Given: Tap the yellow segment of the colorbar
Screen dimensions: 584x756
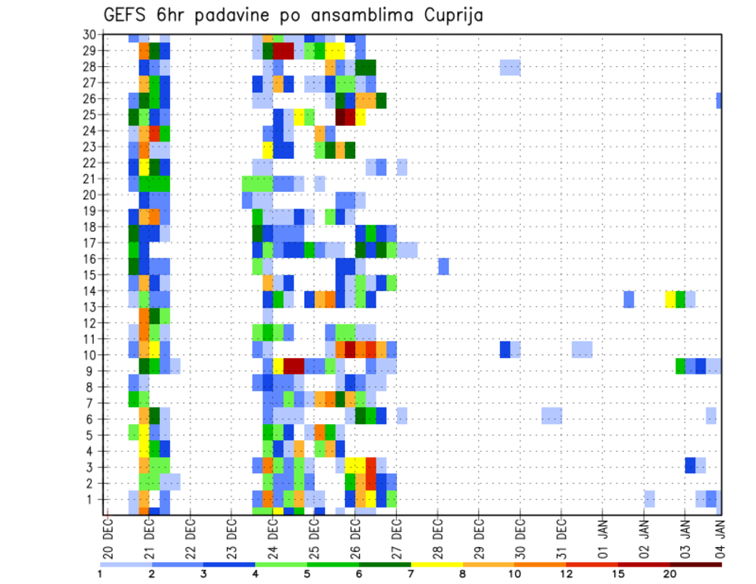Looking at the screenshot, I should pyautogui.click(x=437, y=564).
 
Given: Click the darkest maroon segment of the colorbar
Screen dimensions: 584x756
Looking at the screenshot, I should pyautogui.click(x=696, y=564).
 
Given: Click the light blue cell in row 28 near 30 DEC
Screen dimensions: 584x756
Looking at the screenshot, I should pyautogui.click(x=510, y=67).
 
